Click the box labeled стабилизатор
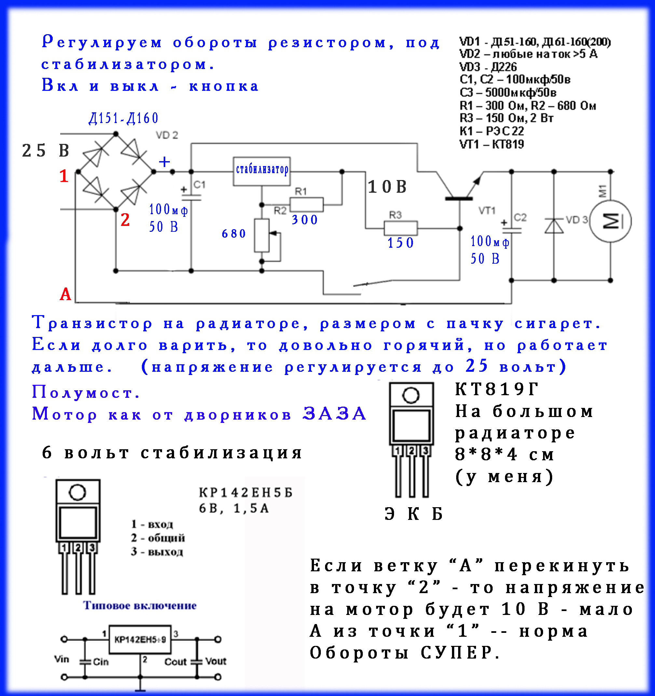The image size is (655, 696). pos(262,171)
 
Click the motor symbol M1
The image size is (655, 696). pos(610,221)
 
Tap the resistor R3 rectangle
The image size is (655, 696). pos(401,228)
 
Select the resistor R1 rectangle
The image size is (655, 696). pos(307,204)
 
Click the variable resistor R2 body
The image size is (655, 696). pos(262,235)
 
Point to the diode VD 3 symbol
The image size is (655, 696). pos(554,226)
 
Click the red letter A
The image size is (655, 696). pos(65,294)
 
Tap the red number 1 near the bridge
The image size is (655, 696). pos(63,176)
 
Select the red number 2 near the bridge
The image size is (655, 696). pos(125,220)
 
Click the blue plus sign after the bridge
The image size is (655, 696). pos(164,162)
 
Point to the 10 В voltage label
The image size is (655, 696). pos(387,187)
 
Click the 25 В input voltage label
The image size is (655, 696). pos(46,150)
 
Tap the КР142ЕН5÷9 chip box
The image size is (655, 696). pos(140,640)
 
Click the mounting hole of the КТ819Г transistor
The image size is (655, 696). pos(411,395)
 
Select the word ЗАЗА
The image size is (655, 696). pos(334,414)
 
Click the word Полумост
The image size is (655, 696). pos(86,392)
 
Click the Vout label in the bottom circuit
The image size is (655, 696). pos(215,661)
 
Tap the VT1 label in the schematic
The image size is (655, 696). pos(487,210)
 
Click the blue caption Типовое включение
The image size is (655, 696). pos(140,605)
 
